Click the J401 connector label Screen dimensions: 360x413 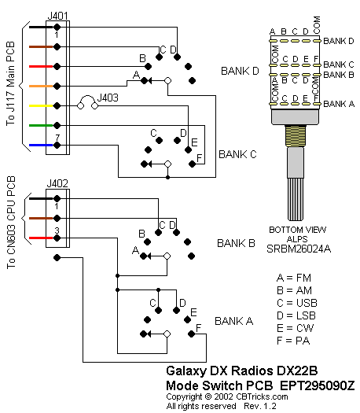[x=57, y=16]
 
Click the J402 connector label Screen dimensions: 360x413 [x=57, y=183]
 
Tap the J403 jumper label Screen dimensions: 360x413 [x=108, y=98]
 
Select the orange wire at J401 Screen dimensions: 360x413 [x=41, y=86]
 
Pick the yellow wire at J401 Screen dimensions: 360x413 [x=41, y=106]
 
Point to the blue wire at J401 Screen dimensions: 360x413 [x=41, y=145]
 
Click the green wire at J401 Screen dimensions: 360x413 [x=41, y=125]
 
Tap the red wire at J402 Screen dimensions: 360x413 [x=41, y=238]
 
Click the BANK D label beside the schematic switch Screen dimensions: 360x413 [x=240, y=71]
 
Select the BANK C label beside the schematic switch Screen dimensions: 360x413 [x=237, y=154]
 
